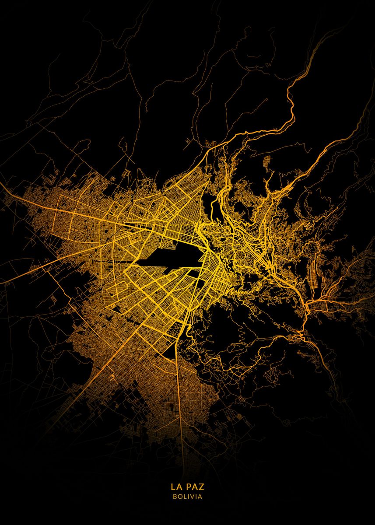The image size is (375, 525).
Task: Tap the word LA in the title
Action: (x=176, y=487)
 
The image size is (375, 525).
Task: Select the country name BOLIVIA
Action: (x=187, y=497)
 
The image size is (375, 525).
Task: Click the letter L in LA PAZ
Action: (x=173, y=487)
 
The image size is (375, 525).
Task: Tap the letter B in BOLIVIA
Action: (x=175, y=497)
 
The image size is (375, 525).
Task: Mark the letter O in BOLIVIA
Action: (x=179, y=497)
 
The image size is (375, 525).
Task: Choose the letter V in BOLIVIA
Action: (x=191, y=497)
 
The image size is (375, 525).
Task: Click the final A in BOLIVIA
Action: (x=200, y=497)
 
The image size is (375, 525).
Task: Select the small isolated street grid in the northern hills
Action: (x=211, y=143)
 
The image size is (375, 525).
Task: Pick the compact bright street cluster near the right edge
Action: (x=315, y=304)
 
